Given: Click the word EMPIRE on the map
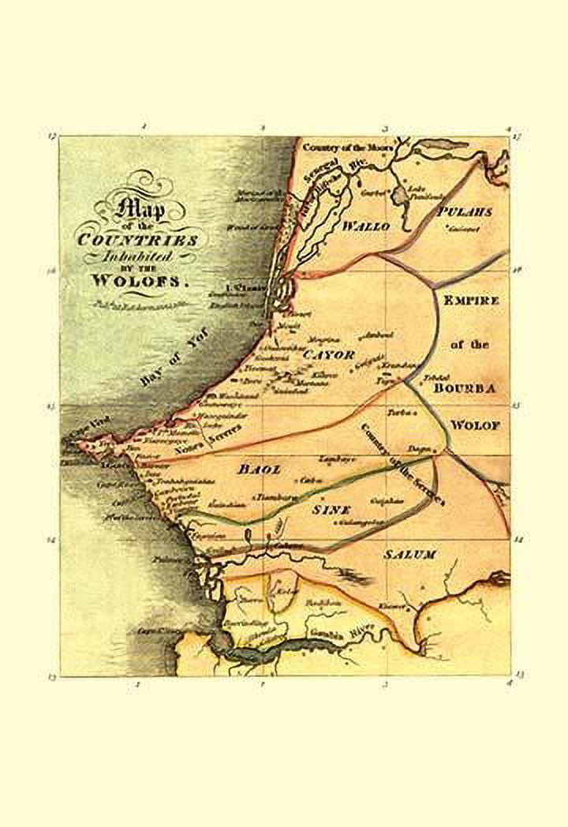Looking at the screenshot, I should (471, 301).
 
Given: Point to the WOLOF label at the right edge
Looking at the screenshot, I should (475, 425).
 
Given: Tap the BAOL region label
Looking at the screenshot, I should (260, 469).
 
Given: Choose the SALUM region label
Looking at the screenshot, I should (409, 555).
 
